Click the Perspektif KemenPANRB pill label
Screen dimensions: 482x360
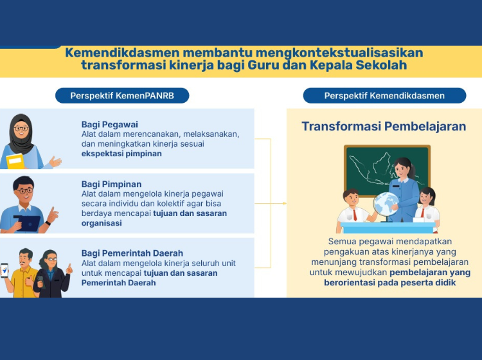[122, 96]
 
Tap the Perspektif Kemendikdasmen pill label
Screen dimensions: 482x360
[384, 96]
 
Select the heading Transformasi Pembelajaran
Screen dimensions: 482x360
[384, 127]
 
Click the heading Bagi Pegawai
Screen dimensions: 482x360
[110, 125]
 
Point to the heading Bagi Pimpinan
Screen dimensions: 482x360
[112, 184]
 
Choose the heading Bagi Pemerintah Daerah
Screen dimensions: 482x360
[132, 253]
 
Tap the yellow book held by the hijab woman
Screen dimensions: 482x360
[15, 161]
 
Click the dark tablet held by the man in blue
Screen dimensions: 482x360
[28, 223]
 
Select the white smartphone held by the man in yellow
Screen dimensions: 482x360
[4, 271]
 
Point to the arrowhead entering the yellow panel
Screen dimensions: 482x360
[285, 204]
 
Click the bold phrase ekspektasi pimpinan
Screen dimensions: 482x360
[121, 154]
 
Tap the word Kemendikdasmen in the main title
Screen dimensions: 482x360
[122, 53]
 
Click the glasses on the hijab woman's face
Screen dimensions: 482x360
[21, 129]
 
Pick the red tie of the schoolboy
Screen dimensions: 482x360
[355, 215]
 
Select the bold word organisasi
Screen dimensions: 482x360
[102, 223]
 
